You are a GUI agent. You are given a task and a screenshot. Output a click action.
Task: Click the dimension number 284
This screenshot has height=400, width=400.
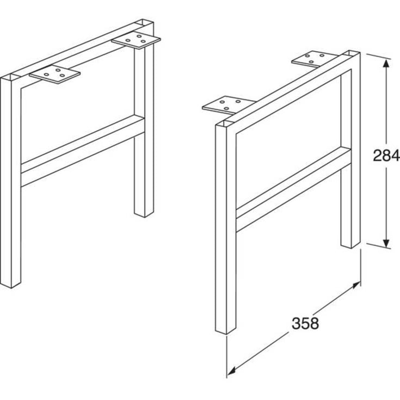386,155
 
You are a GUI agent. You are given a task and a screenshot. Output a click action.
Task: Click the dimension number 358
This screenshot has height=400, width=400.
305,323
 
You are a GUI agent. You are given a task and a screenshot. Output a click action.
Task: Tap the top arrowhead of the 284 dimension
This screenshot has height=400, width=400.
386,64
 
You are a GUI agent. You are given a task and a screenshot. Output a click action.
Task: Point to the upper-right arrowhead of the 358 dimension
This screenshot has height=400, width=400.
356,285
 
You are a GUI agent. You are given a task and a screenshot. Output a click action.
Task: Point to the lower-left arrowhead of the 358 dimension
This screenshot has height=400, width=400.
231,372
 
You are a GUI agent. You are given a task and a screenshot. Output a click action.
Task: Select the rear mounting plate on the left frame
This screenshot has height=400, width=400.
136,40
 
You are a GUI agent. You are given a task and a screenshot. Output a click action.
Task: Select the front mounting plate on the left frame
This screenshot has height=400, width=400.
54,74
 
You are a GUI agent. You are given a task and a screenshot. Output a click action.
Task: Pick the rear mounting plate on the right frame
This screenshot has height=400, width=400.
315,58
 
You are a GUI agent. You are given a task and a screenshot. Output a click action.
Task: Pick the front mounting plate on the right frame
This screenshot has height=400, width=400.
229,104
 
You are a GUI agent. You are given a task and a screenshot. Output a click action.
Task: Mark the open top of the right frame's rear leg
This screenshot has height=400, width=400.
351,53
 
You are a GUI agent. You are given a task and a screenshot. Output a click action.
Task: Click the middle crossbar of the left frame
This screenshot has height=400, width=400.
83,151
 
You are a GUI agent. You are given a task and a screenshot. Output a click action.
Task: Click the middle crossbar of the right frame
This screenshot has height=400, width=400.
294,189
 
